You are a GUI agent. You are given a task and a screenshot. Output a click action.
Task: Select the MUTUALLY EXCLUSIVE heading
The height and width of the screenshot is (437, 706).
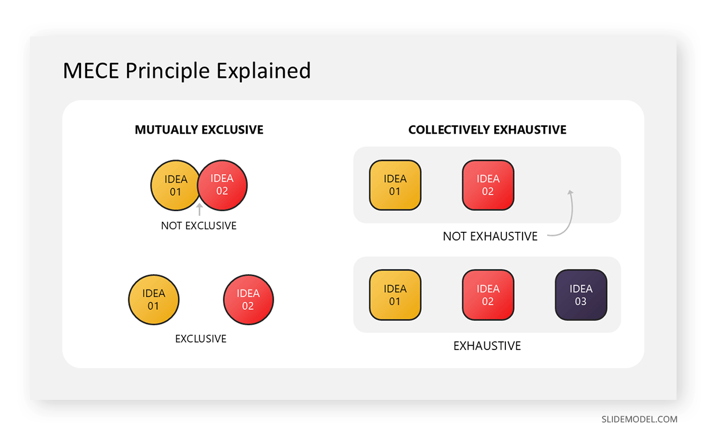(x=199, y=130)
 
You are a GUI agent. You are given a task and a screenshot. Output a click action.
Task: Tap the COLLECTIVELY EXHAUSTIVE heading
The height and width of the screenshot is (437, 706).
(x=487, y=130)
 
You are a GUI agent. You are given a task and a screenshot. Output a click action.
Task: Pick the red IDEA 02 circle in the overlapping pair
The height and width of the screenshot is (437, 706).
(x=224, y=185)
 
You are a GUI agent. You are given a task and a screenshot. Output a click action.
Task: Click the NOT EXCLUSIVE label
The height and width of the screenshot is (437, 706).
(x=199, y=226)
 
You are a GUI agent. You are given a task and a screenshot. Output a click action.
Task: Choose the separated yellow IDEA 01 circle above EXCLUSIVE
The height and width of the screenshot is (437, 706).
(x=154, y=300)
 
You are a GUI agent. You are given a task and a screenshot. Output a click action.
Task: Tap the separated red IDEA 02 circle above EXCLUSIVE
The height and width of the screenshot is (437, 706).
(x=248, y=300)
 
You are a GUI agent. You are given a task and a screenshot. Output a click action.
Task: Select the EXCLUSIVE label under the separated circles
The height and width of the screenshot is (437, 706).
(x=201, y=339)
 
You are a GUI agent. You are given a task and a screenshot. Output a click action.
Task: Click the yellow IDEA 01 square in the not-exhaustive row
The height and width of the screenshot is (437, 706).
(x=395, y=185)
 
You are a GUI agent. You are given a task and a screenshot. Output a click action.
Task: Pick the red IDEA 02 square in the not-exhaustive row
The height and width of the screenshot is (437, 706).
(x=488, y=185)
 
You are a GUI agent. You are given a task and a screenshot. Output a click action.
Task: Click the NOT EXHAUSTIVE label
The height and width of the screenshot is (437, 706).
(x=490, y=236)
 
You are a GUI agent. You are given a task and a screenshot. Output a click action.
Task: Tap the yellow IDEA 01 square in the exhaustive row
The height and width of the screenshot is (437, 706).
(x=395, y=295)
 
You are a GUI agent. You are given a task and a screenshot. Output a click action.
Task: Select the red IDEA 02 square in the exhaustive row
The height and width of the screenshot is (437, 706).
(x=488, y=295)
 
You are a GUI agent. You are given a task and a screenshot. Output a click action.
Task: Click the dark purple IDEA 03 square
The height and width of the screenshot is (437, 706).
(x=581, y=295)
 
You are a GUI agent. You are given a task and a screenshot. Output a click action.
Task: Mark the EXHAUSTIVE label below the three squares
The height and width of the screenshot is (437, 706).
(x=487, y=346)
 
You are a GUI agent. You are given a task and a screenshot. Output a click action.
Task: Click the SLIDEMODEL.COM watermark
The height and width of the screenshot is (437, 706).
(x=640, y=419)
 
